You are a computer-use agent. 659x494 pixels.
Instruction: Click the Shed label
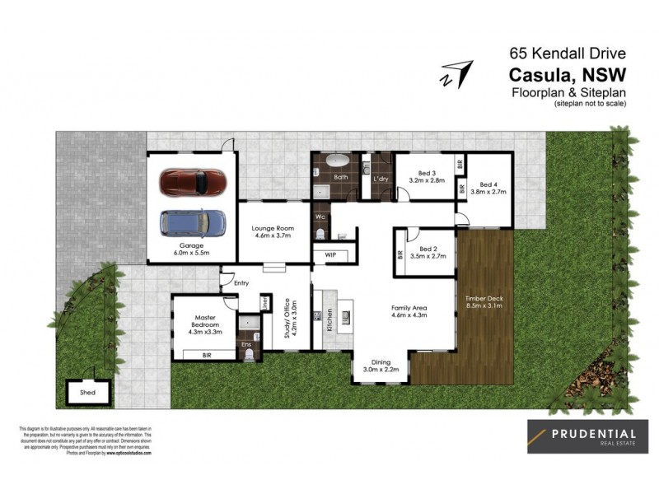(87, 393)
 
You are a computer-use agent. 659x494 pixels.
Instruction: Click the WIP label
(330, 255)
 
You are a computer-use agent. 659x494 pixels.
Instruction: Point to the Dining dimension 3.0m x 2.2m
(381, 369)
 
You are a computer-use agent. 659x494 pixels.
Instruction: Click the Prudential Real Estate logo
(587, 436)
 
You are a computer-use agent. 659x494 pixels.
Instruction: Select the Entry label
(241, 282)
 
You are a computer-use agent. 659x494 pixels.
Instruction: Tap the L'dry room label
(380, 178)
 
